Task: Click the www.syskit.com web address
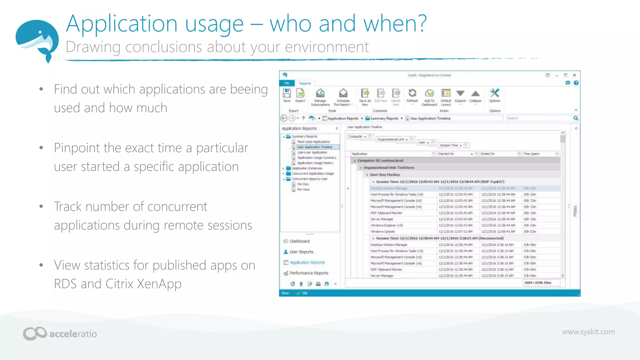[588, 332]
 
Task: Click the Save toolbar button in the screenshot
[287, 95]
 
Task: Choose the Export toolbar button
[300, 95]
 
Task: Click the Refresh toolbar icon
[412, 95]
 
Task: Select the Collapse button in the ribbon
[475, 95]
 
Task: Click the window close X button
[574, 75]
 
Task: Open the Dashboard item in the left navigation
[299, 241]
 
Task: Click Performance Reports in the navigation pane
[309, 273]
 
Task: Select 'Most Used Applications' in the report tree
[313, 142]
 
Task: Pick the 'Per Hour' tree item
[303, 189]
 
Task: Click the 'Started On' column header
[446, 154]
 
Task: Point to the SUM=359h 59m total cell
[538, 283]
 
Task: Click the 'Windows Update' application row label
[382, 232]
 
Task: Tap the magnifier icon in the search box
[576, 118]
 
